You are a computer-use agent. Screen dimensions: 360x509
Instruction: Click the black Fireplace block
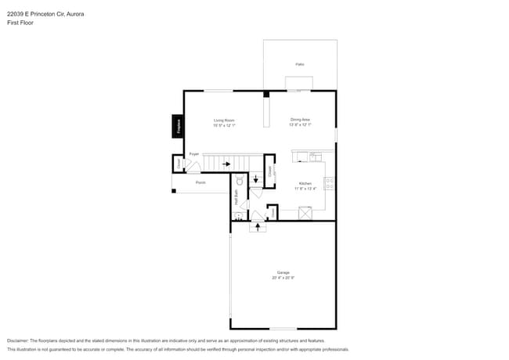click(178, 126)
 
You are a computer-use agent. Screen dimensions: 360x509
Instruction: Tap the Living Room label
click(225, 120)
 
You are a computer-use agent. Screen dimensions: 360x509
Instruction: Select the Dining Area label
click(300, 120)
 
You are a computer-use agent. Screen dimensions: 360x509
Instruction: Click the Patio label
click(300, 64)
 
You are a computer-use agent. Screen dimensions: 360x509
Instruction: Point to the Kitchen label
click(304, 184)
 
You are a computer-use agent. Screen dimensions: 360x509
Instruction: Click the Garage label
click(283, 272)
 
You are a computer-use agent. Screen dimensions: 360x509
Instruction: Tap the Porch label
click(200, 182)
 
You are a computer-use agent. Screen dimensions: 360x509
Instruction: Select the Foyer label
click(194, 154)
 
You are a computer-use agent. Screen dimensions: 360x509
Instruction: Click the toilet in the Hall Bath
click(240, 181)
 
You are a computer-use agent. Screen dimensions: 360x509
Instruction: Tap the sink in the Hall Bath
click(236, 215)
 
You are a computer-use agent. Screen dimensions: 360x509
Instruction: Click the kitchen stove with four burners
click(330, 185)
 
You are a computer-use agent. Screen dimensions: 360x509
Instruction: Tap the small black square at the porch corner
click(174, 191)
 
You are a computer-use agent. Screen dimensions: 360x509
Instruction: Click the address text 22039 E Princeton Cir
click(39, 13)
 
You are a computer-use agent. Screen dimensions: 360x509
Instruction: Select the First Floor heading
click(20, 23)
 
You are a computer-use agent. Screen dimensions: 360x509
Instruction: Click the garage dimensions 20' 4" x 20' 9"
click(283, 278)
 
